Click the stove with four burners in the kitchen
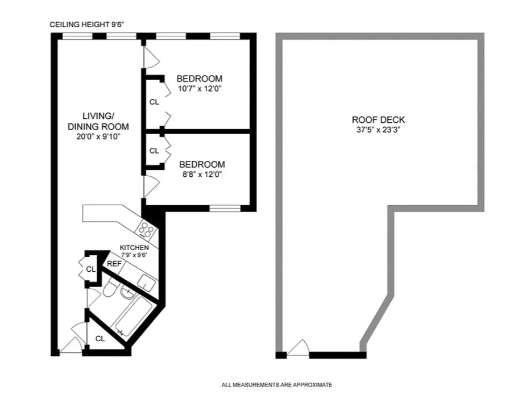click(146, 230)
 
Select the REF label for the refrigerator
click(114, 263)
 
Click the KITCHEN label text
click(134, 248)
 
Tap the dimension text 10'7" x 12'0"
click(199, 89)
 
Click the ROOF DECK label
click(378, 120)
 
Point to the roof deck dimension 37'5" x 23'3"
click(378, 130)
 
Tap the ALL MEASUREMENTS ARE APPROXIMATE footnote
click(276, 385)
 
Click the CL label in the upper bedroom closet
click(154, 102)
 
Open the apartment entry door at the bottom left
click(71, 346)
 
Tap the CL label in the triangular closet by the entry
click(100, 338)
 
